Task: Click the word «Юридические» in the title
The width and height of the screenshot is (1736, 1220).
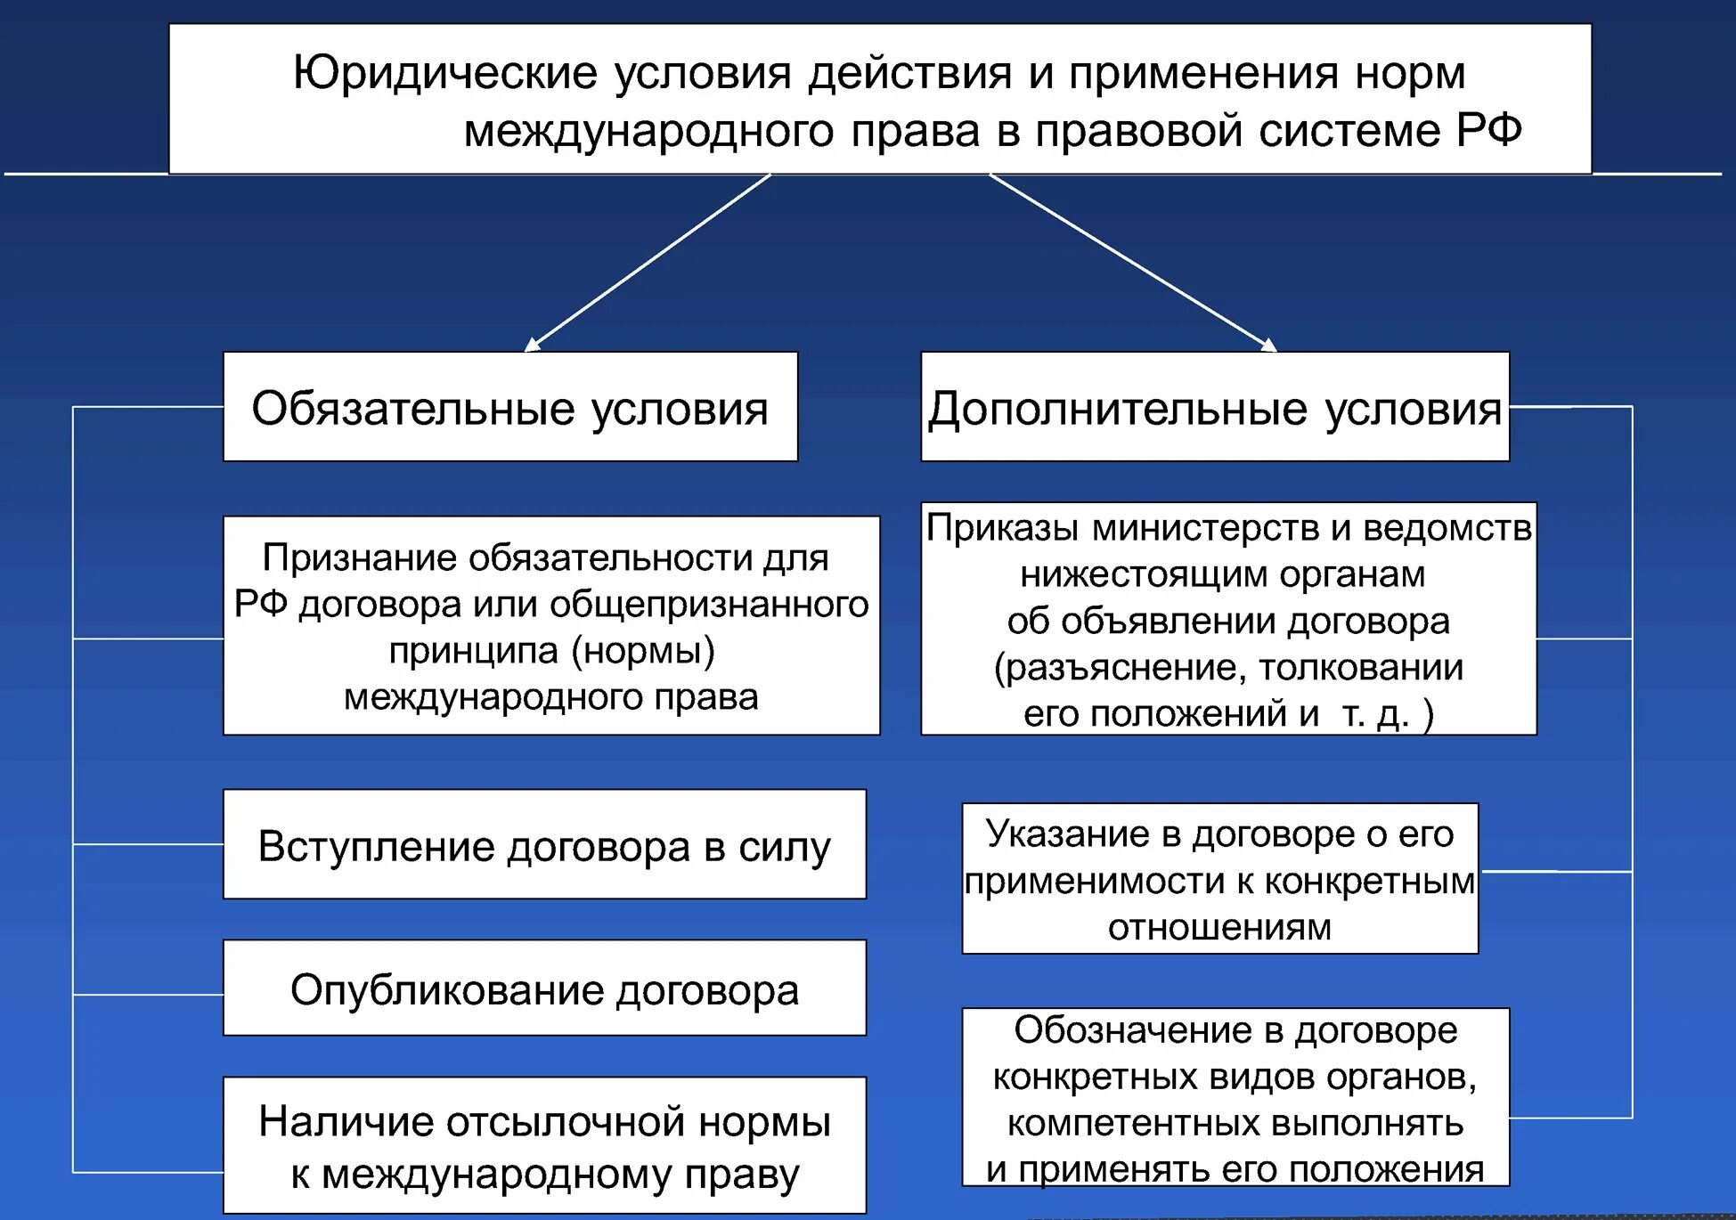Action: [x=444, y=73]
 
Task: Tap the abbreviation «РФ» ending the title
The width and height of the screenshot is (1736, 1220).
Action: [x=1488, y=130]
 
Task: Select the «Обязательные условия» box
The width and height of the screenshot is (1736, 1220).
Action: [x=509, y=407]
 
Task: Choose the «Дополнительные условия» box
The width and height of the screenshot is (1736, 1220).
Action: [x=1214, y=407]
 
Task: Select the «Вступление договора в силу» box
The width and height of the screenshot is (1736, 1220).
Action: [x=543, y=844]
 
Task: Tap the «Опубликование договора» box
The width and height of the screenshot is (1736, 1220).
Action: [x=543, y=988]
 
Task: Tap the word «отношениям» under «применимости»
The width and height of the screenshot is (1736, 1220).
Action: [x=1219, y=928]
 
